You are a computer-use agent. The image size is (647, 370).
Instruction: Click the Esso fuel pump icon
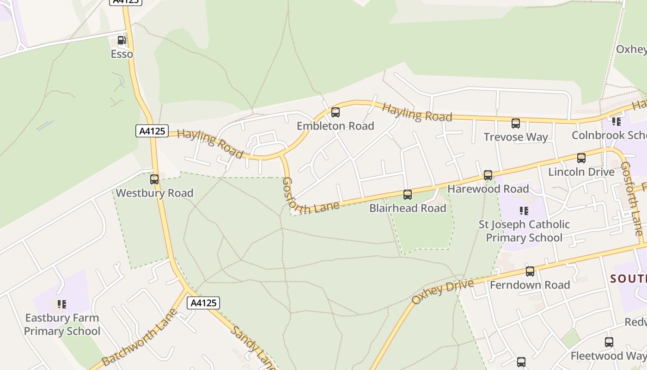122,40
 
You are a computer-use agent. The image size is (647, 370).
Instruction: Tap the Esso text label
122,54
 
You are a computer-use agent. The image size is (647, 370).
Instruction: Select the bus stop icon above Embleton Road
336,112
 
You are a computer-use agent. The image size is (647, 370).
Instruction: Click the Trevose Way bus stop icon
516,123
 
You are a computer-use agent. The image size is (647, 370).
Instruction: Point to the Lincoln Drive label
581,172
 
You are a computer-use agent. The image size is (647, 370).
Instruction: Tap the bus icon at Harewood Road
488,175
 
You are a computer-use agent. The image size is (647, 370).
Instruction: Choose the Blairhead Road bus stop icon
408,195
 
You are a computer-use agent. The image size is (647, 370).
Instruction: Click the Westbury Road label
154,193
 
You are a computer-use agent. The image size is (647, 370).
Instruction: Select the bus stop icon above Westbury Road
154,179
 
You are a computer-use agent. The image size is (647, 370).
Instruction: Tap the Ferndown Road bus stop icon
530,271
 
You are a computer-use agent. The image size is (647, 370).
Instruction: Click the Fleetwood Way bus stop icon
609,342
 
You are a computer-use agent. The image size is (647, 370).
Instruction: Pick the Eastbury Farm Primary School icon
62,304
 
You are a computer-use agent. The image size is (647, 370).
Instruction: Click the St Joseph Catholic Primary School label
524,231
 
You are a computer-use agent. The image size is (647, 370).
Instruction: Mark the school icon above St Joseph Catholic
524,211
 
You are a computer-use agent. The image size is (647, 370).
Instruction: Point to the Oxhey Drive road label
442,292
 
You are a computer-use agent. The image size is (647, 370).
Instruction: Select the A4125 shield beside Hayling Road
152,131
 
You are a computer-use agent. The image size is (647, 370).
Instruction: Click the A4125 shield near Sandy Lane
203,303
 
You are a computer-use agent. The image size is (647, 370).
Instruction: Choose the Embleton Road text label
336,126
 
